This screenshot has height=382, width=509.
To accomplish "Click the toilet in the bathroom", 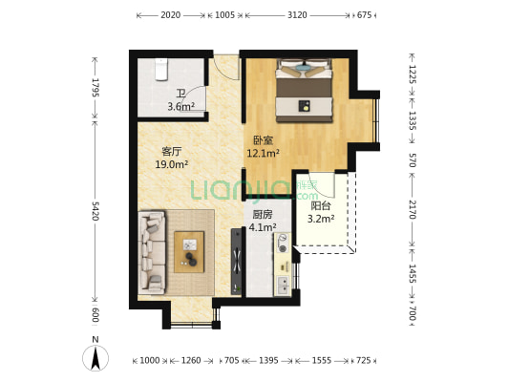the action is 160,69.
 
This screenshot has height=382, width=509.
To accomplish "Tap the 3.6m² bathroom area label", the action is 180,106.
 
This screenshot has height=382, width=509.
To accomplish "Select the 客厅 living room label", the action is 171,151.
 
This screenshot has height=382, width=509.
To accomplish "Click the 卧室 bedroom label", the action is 264,140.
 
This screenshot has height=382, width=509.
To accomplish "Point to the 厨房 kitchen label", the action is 263,215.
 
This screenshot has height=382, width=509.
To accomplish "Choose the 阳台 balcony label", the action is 321,206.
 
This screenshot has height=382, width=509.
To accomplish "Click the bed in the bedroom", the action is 305,90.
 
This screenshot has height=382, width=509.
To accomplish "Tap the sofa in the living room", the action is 152,252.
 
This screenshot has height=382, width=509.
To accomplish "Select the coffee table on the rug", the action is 189,252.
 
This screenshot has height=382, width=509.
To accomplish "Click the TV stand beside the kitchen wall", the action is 236,262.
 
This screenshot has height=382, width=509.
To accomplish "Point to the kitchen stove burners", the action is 283,244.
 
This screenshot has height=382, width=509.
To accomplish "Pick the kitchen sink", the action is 283,285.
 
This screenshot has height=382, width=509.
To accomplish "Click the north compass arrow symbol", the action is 95,358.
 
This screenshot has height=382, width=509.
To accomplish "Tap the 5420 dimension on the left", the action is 95,211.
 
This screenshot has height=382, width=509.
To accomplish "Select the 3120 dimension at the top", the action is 297,15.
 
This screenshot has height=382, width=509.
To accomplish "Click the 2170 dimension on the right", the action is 412,209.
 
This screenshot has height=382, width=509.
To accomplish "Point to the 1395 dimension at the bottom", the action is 268,360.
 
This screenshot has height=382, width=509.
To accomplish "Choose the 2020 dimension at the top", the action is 170,15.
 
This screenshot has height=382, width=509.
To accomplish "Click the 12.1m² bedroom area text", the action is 264,153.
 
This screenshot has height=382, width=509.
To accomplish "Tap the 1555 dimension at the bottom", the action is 322,360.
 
